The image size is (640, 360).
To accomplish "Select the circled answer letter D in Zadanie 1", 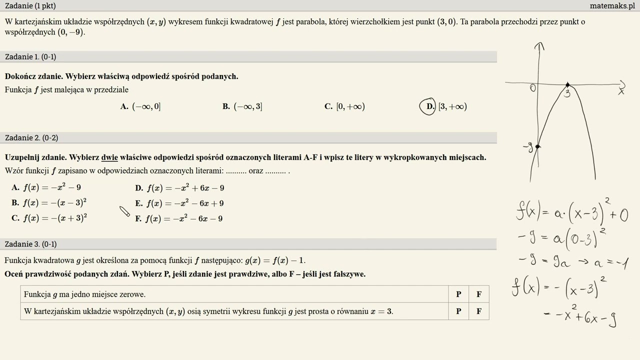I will [x=428, y=106].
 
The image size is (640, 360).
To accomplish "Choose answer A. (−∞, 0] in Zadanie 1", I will [x=140, y=106].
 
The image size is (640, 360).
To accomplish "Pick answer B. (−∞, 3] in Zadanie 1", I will [x=242, y=106].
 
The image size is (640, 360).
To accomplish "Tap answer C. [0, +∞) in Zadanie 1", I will [x=344, y=106].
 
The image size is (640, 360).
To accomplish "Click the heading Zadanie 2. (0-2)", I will [x=31, y=138].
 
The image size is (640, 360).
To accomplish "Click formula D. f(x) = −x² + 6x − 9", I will [x=179, y=188].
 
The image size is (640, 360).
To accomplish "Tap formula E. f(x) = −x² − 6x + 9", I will [x=179, y=203].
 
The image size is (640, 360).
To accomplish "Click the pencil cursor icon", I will [x=124, y=211].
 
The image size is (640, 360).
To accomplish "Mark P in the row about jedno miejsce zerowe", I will [x=458, y=294].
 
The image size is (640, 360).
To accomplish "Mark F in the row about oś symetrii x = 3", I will [x=478, y=311].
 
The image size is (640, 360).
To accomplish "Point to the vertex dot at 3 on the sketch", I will [x=567, y=85].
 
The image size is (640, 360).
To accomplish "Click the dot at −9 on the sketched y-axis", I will [x=537, y=146].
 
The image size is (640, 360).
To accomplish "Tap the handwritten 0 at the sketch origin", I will [x=533, y=88].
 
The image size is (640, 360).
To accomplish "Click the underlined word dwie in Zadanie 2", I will [x=109, y=157].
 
